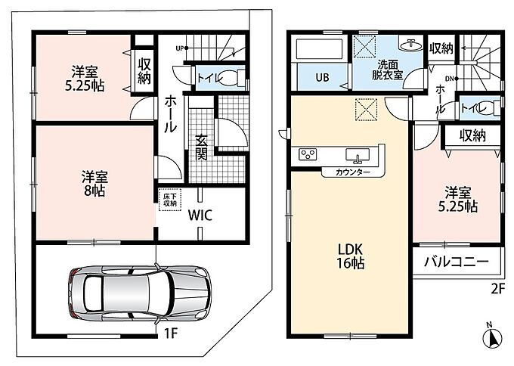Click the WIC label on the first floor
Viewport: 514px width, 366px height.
pyautogui.click(x=200, y=216)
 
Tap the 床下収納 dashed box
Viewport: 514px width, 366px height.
pyautogui.click(x=170, y=200)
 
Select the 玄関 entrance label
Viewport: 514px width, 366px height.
pyautogui.click(x=201, y=147)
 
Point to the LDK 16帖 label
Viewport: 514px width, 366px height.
pyautogui.click(x=351, y=256)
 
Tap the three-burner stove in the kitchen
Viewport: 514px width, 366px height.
pyautogui.click(x=308, y=154)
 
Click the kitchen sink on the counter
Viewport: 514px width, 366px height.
pyautogui.click(x=358, y=155)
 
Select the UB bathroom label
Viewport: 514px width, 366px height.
pyautogui.click(x=322, y=77)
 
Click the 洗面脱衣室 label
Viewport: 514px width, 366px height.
pyautogui.click(x=387, y=70)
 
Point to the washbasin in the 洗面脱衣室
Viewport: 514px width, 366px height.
pyautogui.click(x=410, y=45)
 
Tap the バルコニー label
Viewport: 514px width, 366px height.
pyautogui.click(x=457, y=262)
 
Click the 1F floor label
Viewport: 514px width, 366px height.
pyautogui.click(x=171, y=333)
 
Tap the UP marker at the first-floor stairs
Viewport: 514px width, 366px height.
pyautogui.click(x=180, y=48)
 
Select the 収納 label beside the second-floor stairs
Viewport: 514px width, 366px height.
pyautogui.click(x=441, y=48)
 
